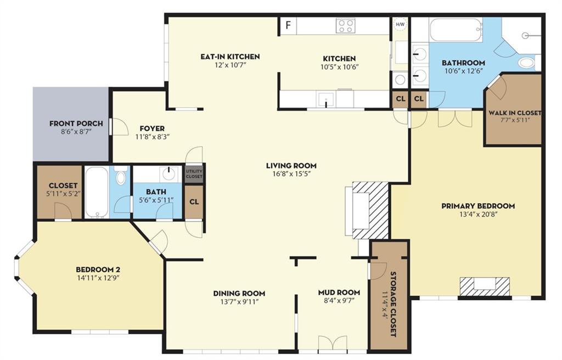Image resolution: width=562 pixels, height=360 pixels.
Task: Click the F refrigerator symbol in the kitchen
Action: [x=288, y=25]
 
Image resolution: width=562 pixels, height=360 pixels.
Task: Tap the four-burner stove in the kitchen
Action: [x=345, y=26]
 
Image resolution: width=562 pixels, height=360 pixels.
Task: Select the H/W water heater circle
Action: [x=400, y=24]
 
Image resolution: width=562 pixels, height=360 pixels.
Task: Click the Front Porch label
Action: [x=76, y=123]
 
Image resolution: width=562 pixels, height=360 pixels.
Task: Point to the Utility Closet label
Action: [x=194, y=174]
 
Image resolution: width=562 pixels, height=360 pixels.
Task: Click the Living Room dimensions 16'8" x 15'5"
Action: [x=291, y=175]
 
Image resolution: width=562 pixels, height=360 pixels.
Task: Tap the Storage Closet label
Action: [x=392, y=304]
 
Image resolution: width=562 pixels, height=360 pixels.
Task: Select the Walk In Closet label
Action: [x=515, y=113]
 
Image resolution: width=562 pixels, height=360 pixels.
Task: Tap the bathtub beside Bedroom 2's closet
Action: [x=97, y=192]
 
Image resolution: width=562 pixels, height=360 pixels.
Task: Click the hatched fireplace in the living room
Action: [x=370, y=211]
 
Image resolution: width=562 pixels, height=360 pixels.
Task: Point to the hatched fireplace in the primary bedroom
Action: [x=485, y=286]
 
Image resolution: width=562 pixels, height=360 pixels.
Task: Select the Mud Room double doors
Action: [x=333, y=342]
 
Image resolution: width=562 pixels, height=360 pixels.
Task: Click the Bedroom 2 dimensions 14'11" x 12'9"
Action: [x=98, y=278]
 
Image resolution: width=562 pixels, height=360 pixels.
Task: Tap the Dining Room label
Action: [x=239, y=293]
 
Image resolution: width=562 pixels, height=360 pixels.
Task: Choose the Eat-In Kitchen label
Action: [x=230, y=57]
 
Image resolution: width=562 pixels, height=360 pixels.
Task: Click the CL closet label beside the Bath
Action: [x=194, y=202]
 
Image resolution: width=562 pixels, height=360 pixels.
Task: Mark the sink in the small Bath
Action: [x=168, y=174]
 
